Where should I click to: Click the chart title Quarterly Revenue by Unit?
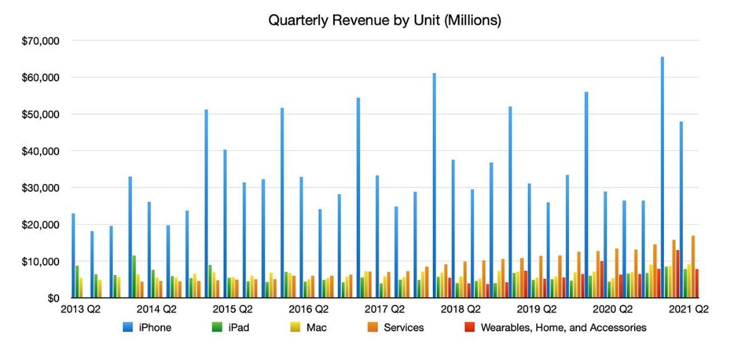384,20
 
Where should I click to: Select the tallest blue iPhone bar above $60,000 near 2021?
663,177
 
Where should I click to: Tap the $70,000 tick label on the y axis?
40,41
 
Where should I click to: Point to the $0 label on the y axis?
52,298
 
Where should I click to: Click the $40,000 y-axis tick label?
40,151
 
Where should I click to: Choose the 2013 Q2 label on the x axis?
80,310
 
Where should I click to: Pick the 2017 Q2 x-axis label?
384,310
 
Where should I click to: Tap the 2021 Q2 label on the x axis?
688,310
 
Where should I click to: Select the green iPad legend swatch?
217,327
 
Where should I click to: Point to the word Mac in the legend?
317,327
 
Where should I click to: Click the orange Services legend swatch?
374,327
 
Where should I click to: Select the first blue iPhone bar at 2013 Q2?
73,255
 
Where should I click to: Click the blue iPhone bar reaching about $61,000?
434,185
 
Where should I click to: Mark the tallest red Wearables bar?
678,274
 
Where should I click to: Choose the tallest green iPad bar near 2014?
135,276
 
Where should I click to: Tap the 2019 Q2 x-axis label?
536,310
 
